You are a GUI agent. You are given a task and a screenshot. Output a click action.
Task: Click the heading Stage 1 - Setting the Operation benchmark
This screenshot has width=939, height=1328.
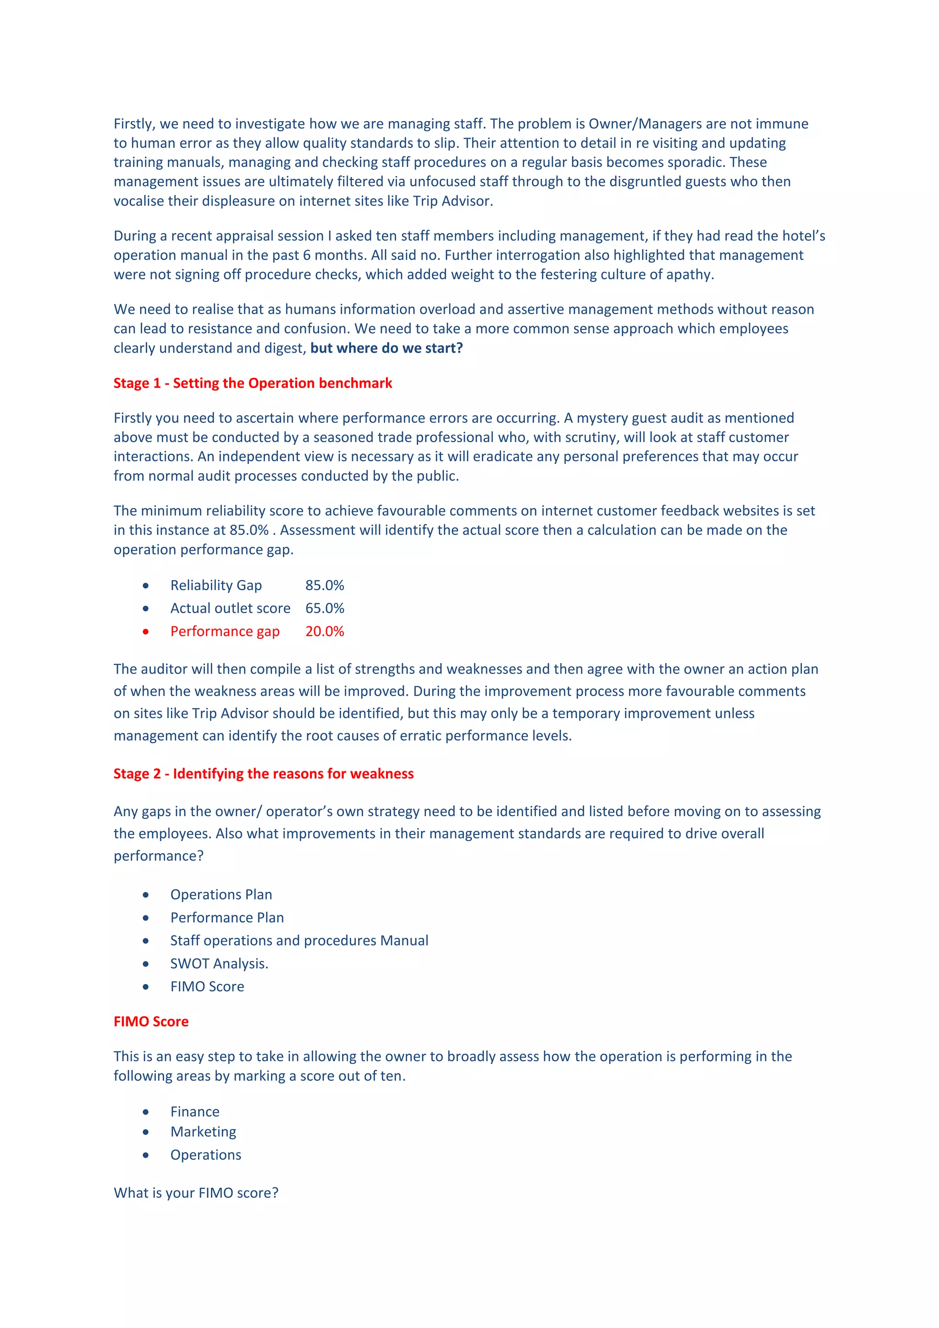click(x=253, y=383)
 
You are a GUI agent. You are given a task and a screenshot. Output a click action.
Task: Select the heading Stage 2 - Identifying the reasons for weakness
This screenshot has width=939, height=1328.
click(x=263, y=773)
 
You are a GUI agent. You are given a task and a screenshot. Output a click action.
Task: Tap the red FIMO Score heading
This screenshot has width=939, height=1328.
click(x=151, y=1021)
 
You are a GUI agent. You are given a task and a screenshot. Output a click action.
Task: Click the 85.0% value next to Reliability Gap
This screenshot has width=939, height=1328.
click(x=324, y=585)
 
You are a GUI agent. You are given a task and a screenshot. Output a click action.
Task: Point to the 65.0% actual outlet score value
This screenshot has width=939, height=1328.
click(x=324, y=608)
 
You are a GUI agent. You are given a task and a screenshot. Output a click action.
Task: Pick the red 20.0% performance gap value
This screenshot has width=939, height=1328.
click(x=324, y=631)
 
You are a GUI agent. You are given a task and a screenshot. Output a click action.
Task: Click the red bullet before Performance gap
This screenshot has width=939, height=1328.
click(x=146, y=631)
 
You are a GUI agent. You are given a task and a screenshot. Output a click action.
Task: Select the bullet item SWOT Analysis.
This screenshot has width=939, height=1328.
click(x=219, y=963)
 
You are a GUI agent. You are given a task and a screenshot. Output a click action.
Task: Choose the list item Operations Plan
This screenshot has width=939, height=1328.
click(x=221, y=894)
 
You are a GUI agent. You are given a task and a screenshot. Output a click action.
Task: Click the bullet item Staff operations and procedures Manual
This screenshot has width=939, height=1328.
click(x=299, y=941)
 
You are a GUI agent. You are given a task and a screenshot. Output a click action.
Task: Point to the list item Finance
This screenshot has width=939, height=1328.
click(x=195, y=1111)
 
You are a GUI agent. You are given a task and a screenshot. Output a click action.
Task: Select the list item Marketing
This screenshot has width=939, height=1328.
click(x=203, y=1131)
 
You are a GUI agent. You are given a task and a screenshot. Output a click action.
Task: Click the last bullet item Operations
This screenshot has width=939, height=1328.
click(x=205, y=1155)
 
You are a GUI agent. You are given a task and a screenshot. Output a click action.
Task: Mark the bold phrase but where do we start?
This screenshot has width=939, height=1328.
click(x=386, y=348)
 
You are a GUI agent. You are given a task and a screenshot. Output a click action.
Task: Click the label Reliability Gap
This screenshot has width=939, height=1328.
click(x=215, y=585)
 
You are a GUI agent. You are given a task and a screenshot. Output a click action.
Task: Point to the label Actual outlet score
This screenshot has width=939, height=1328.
click(x=230, y=608)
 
